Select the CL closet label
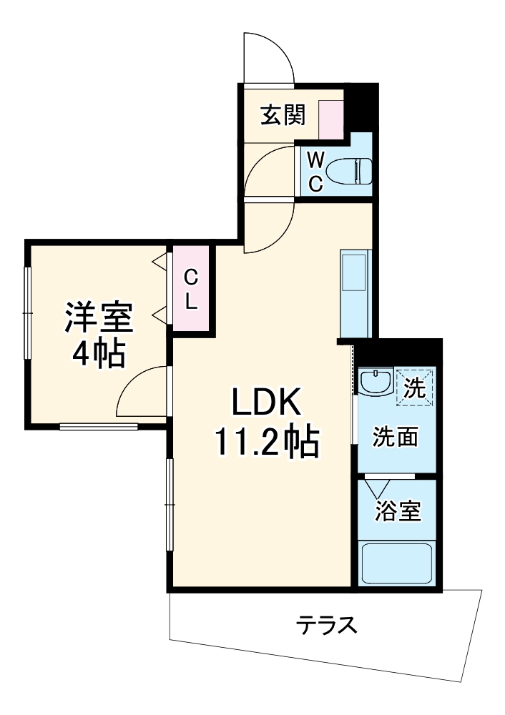point(191,288)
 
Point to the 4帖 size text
point(99,352)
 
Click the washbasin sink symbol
point(374,382)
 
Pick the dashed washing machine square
point(414,386)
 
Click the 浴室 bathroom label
point(398,511)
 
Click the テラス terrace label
point(326,626)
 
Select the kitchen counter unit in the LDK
point(355,293)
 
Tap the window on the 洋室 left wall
point(28,313)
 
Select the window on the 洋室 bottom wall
point(98,427)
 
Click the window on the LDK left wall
point(170,505)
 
